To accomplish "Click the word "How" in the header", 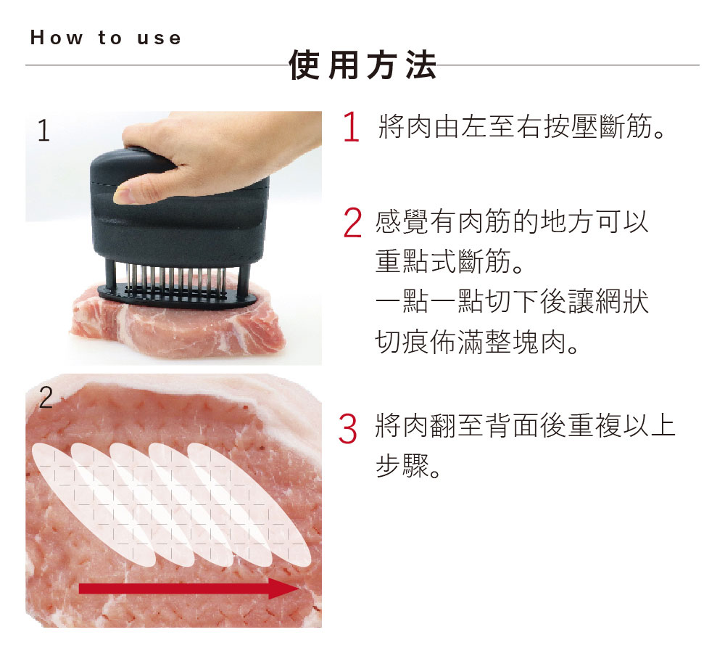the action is pyautogui.click(x=57, y=38).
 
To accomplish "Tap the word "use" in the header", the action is pyautogui.click(x=159, y=38).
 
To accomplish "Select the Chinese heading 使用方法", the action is pyautogui.click(x=362, y=65).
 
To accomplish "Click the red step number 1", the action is pyautogui.click(x=352, y=126).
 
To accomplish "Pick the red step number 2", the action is pyautogui.click(x=353, y=224).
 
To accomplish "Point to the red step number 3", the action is pyautogui.click(x=348, y=429).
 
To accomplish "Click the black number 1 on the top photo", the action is pyautogui.click(x=43, y=131).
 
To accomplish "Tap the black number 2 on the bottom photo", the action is pyautogui.click(x=46, y=397).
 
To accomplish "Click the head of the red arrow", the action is pyautogui.click(x=284, y=589).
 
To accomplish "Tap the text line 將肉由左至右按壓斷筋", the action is pyautogui.click(x=522, y=126).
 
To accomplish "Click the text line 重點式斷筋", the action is pyautogui.click(x=449, y=261).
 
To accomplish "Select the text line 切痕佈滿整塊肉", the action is pyautogui.click(x=477, y=342).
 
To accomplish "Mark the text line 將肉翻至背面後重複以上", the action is pyautogui.click(x=525, y=425).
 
